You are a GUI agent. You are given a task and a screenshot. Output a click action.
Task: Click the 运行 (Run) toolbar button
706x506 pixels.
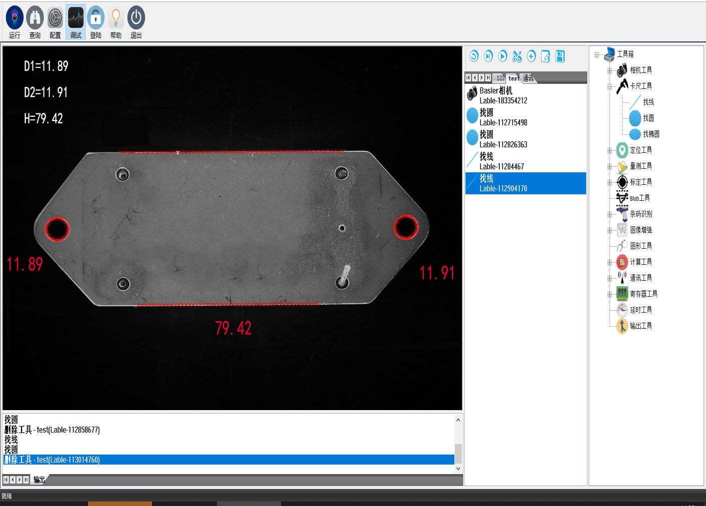(x=14, y=22)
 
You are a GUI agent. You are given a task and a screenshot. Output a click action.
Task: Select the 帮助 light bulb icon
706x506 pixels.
(x=116, y=17)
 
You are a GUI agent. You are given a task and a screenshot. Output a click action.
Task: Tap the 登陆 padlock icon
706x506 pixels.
(x=95, y=17)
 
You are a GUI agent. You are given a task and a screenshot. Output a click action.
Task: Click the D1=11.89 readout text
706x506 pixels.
(x=46, y=66)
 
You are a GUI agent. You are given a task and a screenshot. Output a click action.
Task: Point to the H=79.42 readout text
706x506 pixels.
(x=43, y=118)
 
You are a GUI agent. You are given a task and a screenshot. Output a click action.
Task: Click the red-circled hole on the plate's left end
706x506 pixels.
(x=57, y=229)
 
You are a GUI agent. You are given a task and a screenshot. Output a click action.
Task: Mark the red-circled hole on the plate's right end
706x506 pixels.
(x=406, y=227)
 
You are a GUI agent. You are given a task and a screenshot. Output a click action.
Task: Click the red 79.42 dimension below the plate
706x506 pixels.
(x=233, y=328)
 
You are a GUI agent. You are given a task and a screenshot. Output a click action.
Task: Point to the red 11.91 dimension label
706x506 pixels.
(x=437, y=273)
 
